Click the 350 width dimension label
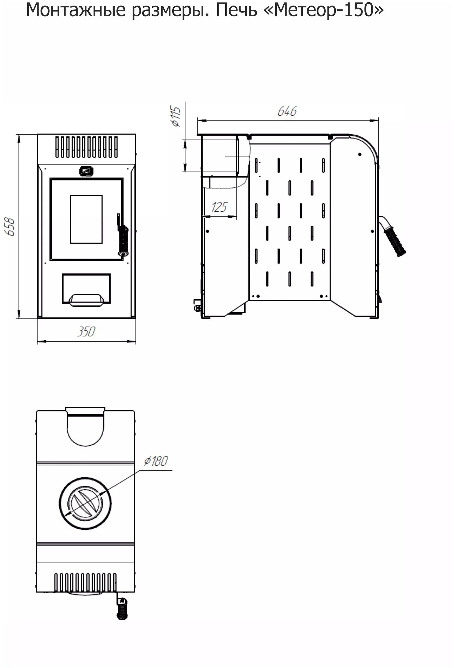(86, 332)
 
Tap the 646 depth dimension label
(287, 111)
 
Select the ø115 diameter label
(176, 117)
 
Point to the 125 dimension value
(219, 207)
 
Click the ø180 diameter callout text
(156, 461)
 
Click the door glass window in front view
(86, 219)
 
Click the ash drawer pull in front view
(86, 300)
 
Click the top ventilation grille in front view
(86, 147)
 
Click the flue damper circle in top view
(85, 503)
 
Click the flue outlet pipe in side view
(219, 156)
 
